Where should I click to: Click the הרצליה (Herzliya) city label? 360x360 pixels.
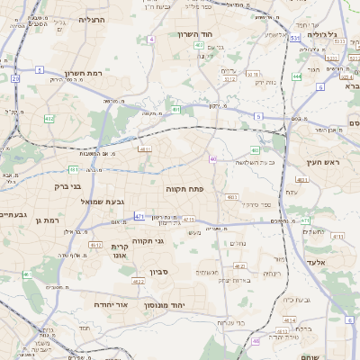pyautogui.click(x=92, y=19)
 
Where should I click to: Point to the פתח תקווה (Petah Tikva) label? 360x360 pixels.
pyautogui.click(x=185, y=189)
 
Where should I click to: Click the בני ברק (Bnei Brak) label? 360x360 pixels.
pyautogui.click(x=63, y=187)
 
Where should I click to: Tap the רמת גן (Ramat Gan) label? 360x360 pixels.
pyautogui.click(x=45, y=220)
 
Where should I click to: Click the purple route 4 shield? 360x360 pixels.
pyautogui.click(x=151, y=40)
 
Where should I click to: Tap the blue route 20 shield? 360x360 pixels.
pyautogui.click(x=16, y=78)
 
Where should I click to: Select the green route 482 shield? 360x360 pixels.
pyautogui.click(x=49, y=119)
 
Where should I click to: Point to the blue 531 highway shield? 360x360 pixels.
pyautogui.click(x=295, y=39)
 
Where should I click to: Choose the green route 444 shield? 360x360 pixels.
pyautogui.click(x=296, y=76)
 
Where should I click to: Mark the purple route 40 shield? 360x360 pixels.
pyautogui.click(x=212, y=158)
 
